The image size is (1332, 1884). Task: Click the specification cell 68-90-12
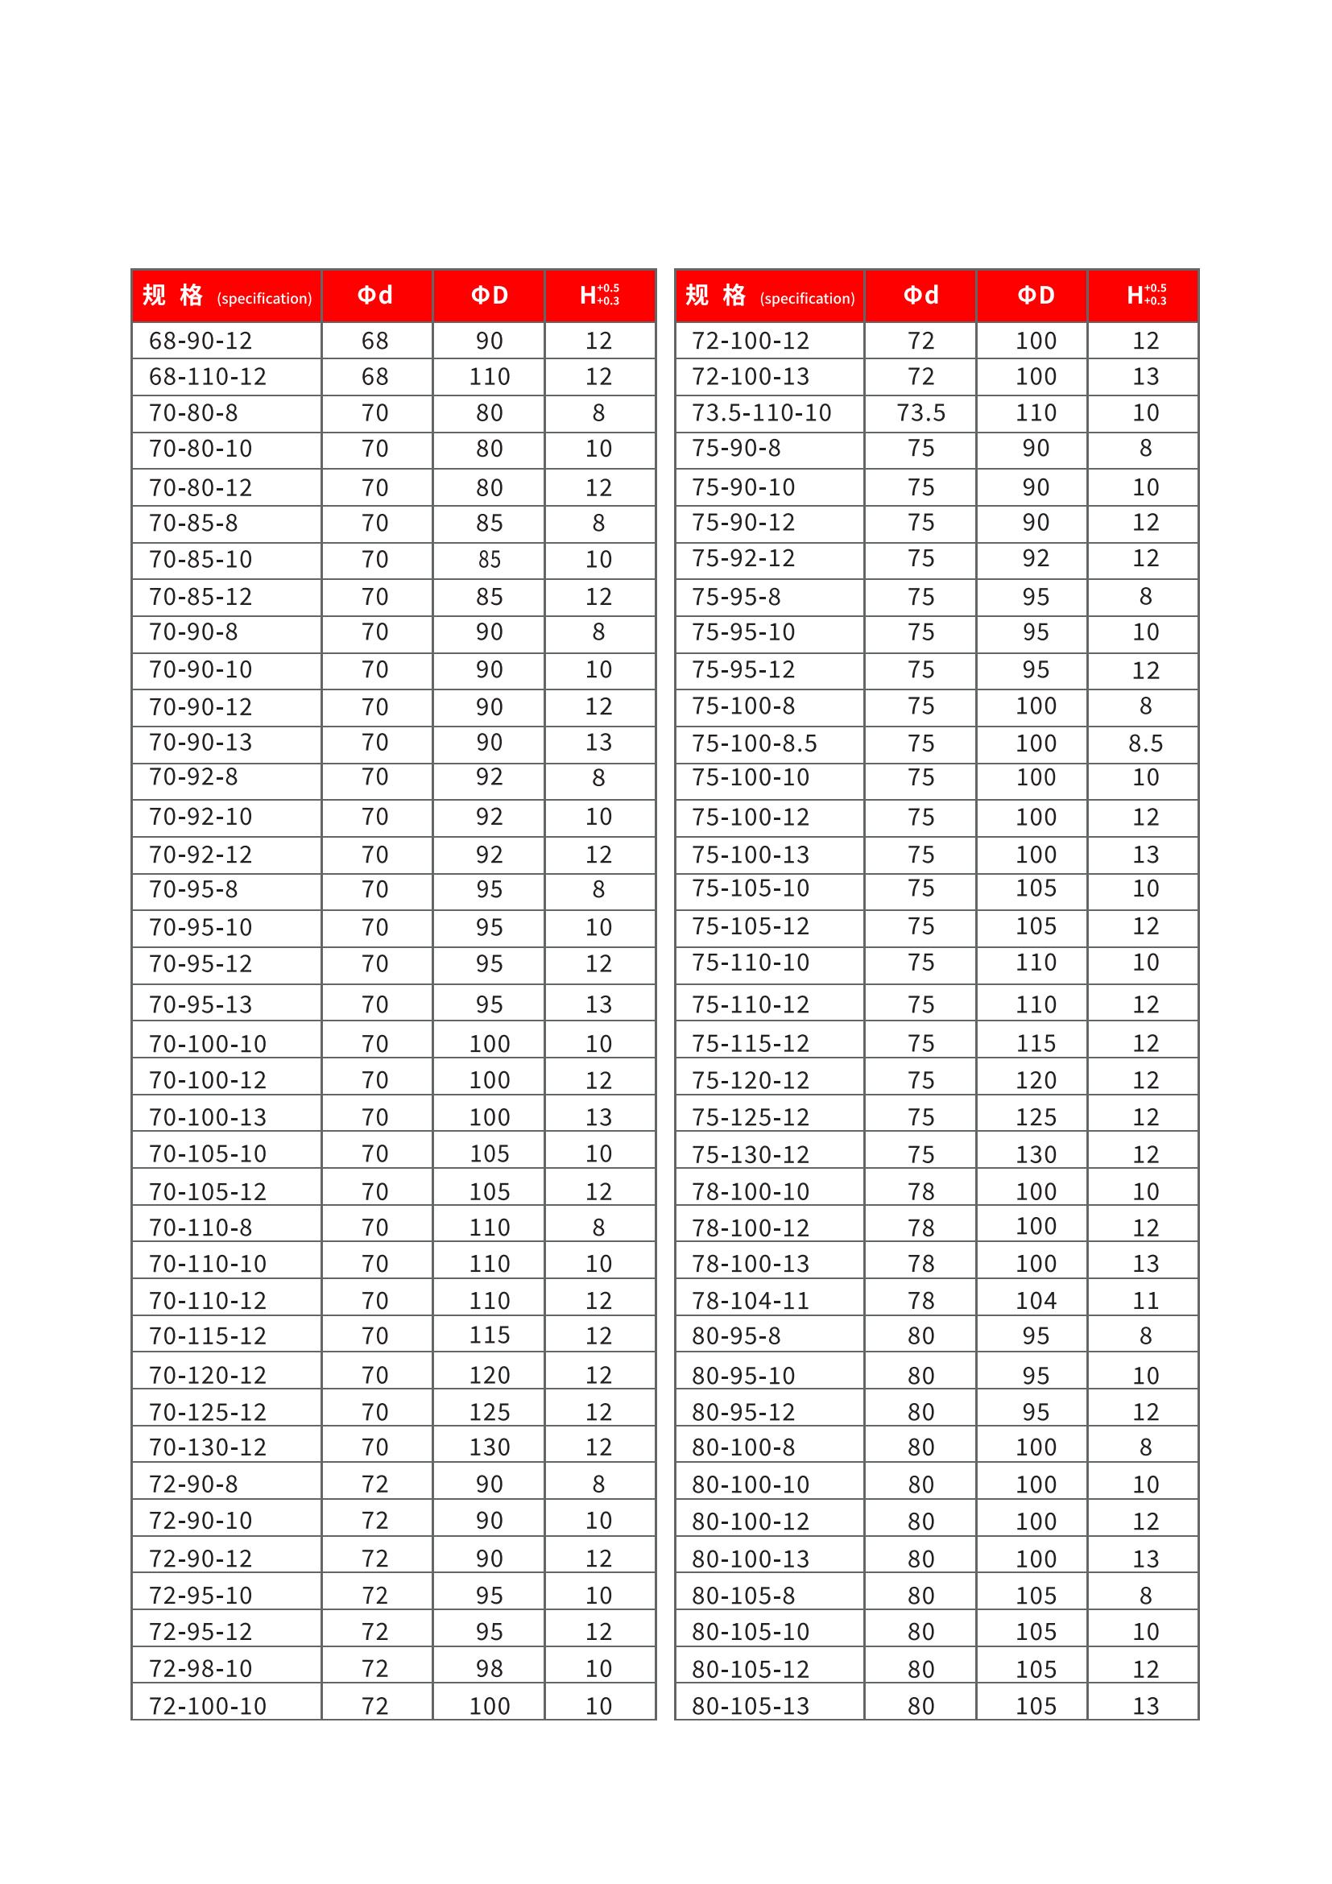(x=201, y=341)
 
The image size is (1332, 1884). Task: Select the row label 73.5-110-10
(x=761, y=412)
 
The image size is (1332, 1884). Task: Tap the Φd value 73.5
(x=920, y=412)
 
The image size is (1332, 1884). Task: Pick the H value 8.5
(x=1145, y=743)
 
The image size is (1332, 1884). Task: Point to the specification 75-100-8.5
(x=754, y=743)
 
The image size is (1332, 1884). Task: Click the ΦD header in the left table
(x=489, y=296)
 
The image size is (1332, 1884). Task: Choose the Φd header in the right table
(x=920, y=296)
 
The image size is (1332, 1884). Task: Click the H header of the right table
(x=1145, y=296)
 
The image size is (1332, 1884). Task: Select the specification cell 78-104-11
(x=750, y=1301)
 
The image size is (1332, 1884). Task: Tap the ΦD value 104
(x=1036, y=1301)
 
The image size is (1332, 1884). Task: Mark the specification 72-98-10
(x=201, y=1668)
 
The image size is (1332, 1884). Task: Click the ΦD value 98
(x=489, y=1668)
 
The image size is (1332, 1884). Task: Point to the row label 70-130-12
(x=208, y=1447)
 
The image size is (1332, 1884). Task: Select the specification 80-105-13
(x=750, y=1706)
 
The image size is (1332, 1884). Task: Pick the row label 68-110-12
(x=208, y=377)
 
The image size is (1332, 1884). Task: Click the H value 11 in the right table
(x=1145, y=1301)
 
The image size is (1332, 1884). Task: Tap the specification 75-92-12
(x=743, y=558)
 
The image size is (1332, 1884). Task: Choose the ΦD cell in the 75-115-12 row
(x=1036, y=1043)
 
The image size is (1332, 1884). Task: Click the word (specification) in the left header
(x=264, y=299)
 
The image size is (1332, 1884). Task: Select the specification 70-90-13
(x=201, y=742)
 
